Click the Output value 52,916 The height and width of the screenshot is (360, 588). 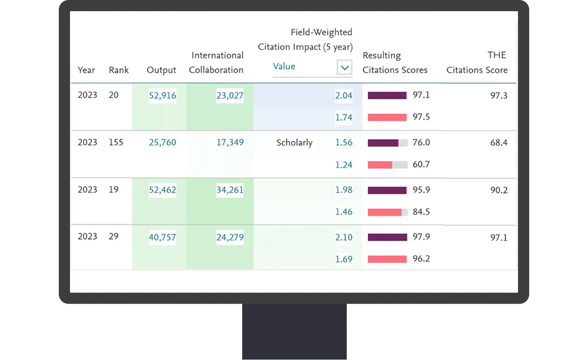162,96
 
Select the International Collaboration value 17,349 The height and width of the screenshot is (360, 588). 230,143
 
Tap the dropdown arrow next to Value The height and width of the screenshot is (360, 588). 344,68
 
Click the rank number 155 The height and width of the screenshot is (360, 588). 116,142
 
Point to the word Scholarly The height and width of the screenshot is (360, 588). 294,143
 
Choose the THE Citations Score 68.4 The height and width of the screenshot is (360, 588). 498,143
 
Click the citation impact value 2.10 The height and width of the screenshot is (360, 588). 343,237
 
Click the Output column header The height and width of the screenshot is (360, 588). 161,70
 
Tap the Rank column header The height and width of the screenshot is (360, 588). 119,70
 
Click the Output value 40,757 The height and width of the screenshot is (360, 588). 162,237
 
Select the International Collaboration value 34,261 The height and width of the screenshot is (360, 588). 230,190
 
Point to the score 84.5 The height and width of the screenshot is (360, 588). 421,212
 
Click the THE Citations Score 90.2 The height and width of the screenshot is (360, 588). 498,190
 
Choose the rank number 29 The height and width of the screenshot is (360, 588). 113,236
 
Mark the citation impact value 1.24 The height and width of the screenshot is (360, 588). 343,165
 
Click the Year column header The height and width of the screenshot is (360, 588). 86,70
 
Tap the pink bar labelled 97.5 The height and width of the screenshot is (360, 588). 387,117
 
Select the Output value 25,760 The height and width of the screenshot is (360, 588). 162,143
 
